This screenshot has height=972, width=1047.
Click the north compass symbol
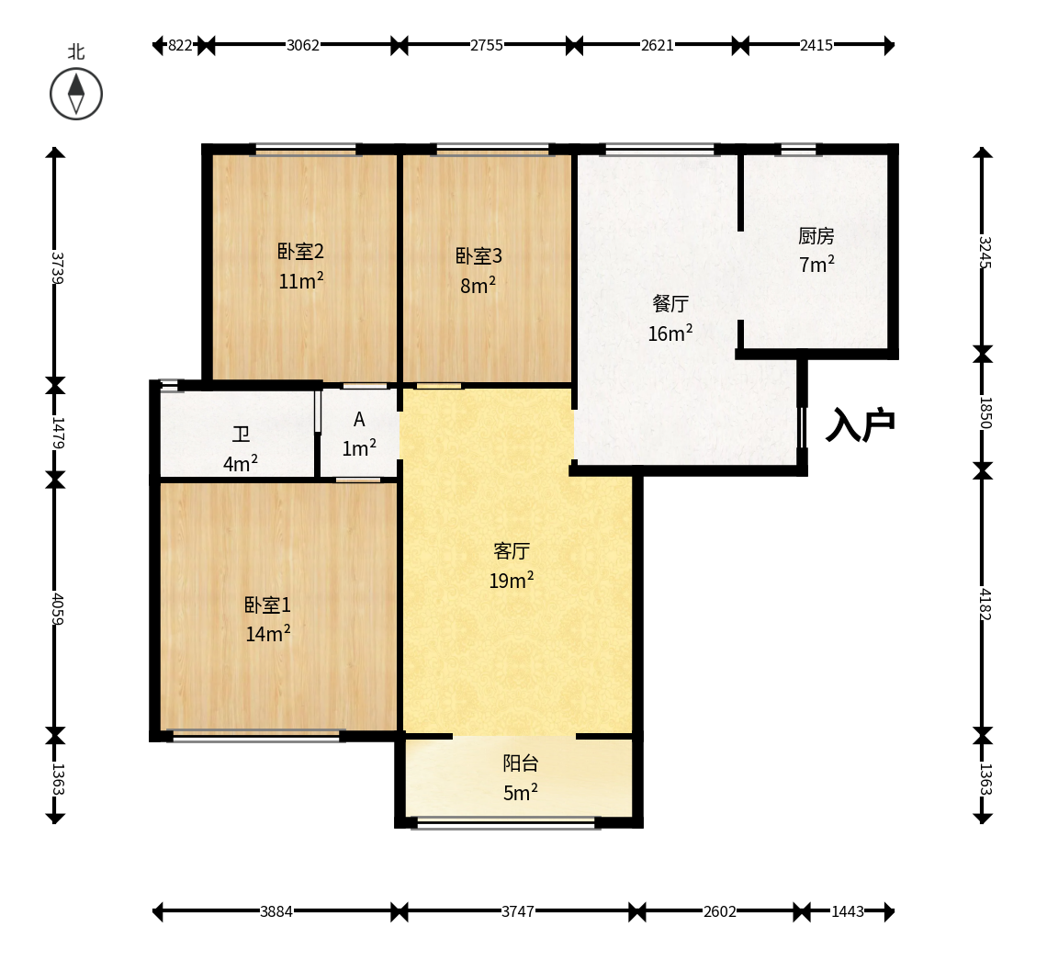pos(76,94)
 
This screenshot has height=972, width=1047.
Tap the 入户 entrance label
pos(860,424)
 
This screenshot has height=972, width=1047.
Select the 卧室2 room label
pos(300,252)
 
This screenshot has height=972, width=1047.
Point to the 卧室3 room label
pos(478,255)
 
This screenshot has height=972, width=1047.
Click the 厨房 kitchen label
pos(816,236)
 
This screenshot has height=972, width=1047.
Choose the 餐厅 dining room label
pos(670,304)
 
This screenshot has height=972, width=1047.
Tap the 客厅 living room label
pos(512,551)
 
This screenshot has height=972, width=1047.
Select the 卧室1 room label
pos(267,605)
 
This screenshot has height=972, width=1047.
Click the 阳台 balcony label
pos(521,763)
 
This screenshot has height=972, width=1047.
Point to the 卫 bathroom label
pos(241,435)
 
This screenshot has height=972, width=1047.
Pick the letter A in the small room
pos(359,420)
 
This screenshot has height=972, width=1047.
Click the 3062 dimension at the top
pos(302,45)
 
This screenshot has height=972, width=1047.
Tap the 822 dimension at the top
pos(180,45)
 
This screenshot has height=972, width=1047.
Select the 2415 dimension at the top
pos(816,45)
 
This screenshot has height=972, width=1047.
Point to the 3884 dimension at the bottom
pos(276,912)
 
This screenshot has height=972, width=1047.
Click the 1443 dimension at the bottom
pos(848,912)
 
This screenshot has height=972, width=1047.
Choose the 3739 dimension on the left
pos(57,268)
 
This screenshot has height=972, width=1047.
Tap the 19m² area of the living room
pos(512,580)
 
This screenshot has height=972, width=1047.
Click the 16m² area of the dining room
pos(670,333)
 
